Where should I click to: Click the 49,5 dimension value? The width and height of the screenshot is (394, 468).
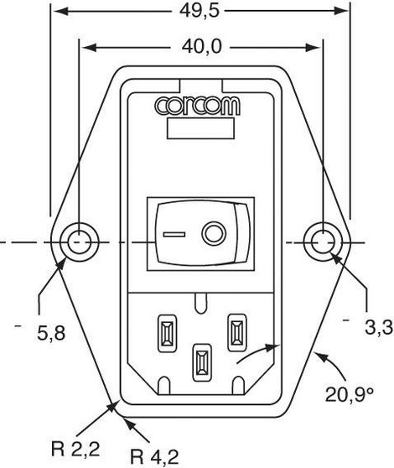(200, 12)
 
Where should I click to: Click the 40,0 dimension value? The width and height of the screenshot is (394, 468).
(202, 47)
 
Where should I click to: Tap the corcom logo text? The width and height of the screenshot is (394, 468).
(197, 106)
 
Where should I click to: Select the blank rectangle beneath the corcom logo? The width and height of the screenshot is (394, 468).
(200, 128)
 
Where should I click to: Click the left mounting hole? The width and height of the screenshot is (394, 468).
(79, 242)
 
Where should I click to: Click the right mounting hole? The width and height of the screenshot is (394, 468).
(323, 242)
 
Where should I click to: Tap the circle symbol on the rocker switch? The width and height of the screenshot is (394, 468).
(214, 233)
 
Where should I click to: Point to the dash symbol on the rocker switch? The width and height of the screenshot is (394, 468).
(174, 234)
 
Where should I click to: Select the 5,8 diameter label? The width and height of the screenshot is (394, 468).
(51, 333)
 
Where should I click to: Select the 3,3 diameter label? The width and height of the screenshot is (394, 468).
(379, 328)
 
